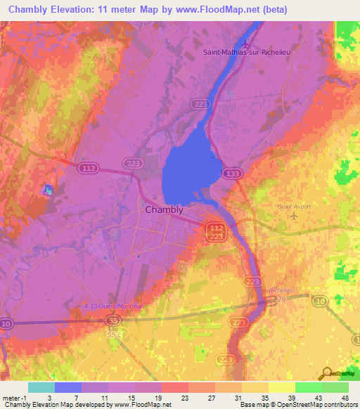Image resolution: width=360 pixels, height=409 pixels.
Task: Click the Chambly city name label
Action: (164, 209)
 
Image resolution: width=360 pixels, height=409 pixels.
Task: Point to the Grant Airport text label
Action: (294, 207)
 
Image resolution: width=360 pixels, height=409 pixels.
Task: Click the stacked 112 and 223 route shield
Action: (216, 232)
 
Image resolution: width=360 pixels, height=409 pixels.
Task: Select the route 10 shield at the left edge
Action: (6, 323)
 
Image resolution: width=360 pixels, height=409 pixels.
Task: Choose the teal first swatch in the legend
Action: (41, 387)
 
